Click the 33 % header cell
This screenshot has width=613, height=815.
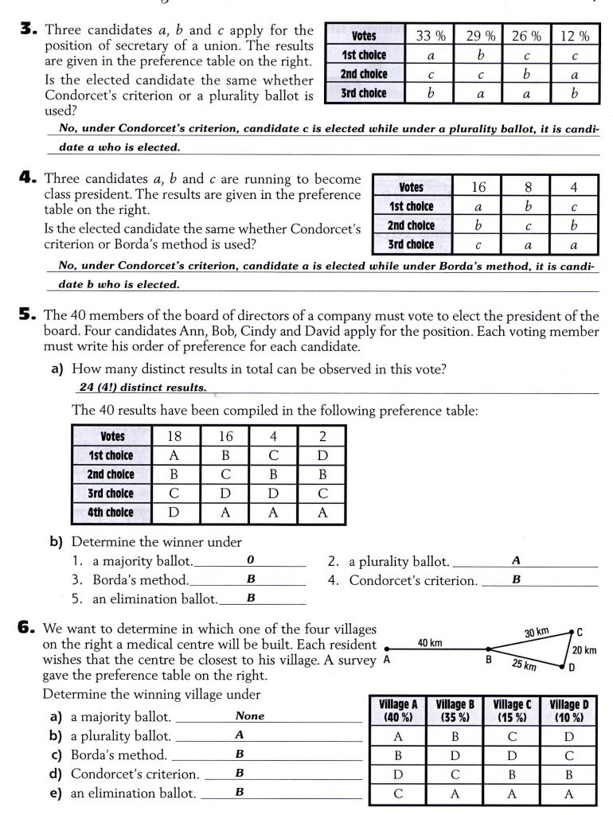point(431,36)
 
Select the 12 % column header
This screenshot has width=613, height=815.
point(574,36)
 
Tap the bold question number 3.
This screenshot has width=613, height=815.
point(28,30)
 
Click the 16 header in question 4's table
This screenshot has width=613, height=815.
point(478,187)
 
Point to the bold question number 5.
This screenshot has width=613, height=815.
point(28,316)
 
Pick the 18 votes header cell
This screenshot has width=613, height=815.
point(174,436)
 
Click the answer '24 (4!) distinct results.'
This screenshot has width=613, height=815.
point(143,388)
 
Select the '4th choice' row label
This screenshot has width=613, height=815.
point(111,513)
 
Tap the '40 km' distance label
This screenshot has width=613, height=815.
point(431,642)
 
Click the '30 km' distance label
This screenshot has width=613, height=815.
point(537,634)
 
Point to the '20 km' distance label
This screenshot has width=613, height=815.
point(584,650)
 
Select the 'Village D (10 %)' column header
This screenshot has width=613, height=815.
point(569,710)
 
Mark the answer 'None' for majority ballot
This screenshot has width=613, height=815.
point(250,716)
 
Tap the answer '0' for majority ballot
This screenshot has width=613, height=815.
point(249,560)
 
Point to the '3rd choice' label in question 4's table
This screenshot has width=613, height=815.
point(411,244)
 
